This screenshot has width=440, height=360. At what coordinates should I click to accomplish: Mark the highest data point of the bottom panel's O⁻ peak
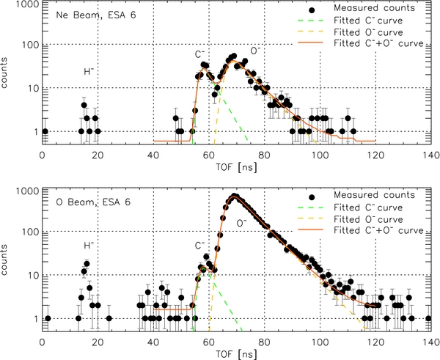[x=235, y=196]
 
